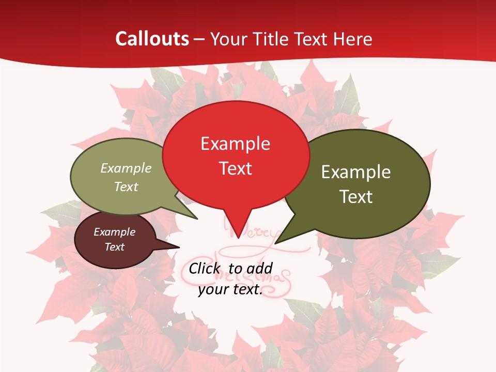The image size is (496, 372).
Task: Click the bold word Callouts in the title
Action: (152, 39)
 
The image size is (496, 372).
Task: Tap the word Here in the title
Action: (353, 39)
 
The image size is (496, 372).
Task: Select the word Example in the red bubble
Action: (235, 144)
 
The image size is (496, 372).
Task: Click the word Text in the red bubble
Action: (235, 168)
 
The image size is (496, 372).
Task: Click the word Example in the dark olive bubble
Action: (356, 172)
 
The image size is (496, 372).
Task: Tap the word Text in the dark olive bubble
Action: (356, 197)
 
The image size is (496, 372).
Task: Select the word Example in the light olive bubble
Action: (126, 168)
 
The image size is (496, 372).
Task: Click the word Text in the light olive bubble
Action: (126, 187)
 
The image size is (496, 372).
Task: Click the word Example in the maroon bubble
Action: (114, 232)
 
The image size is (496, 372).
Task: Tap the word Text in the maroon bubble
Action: (114, 247)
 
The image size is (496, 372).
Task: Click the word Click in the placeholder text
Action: (206, 268)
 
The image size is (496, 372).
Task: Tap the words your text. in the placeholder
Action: (230, 289)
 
